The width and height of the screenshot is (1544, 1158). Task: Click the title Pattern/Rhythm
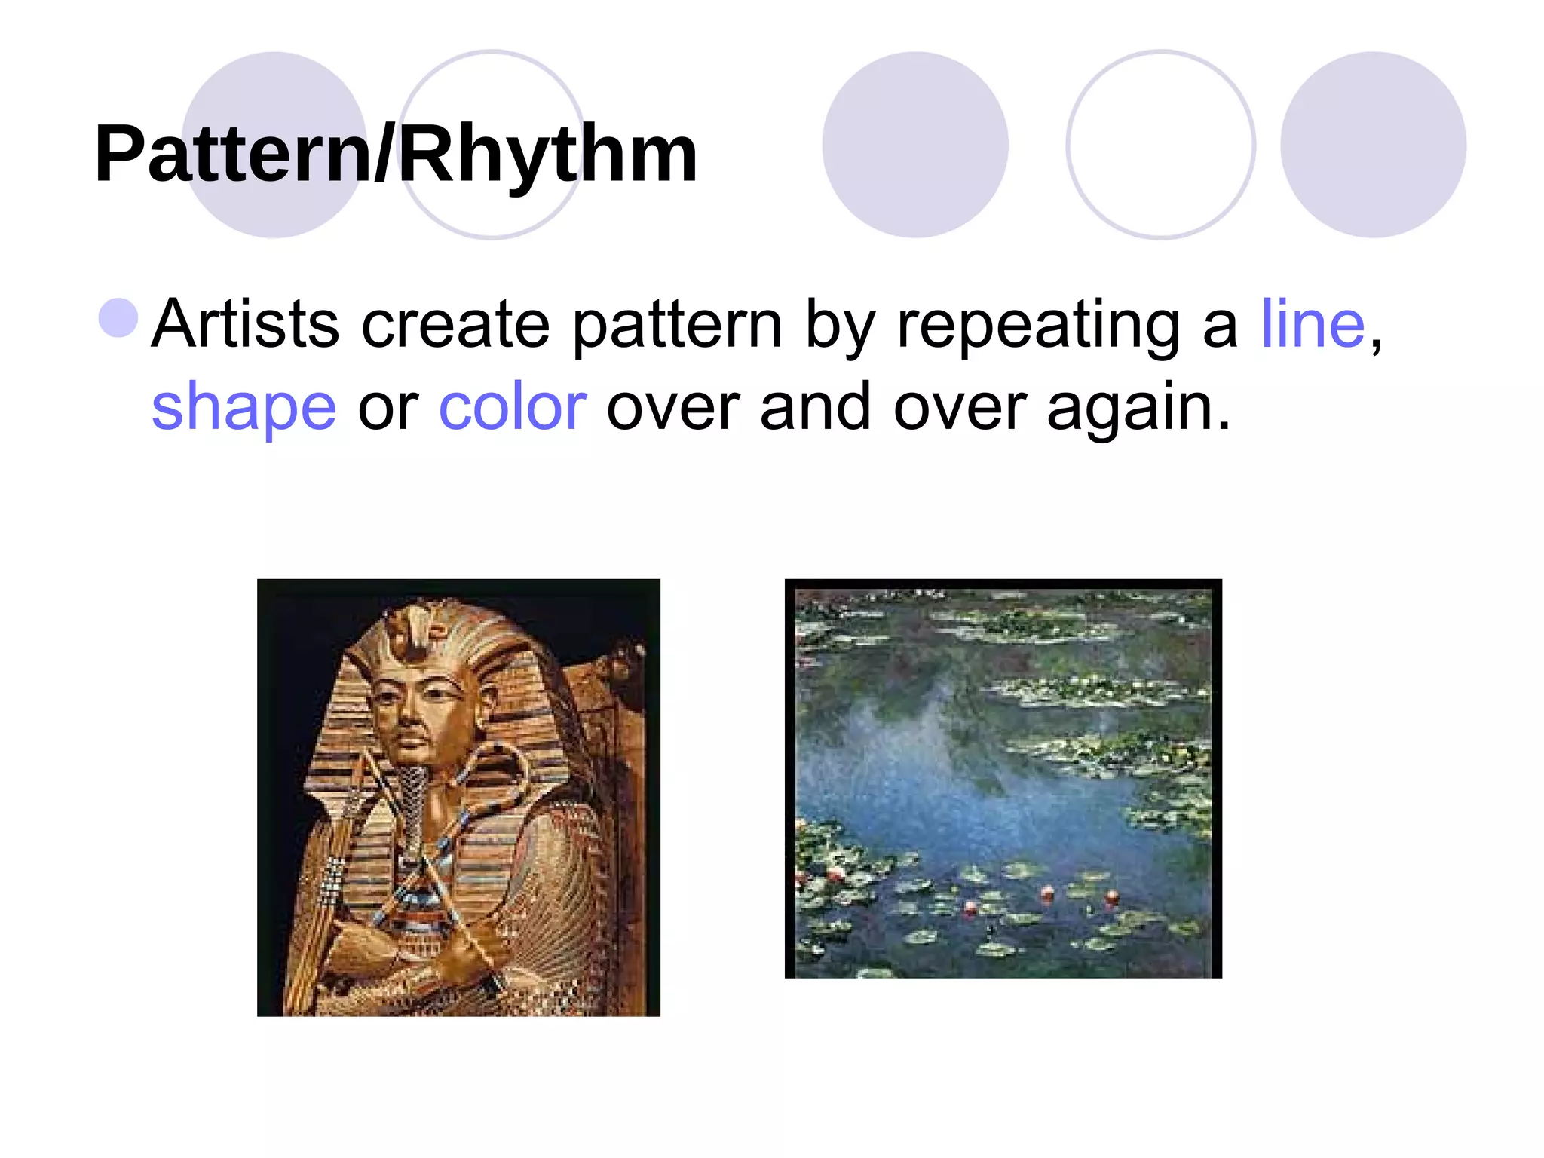(396, 155)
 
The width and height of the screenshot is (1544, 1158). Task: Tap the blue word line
(1313, 324)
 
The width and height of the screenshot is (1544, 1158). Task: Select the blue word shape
(244, 407)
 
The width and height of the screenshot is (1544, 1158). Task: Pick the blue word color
(513, 407)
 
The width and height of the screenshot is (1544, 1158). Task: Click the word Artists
(245, 324)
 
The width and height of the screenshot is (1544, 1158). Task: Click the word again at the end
(1138, 407)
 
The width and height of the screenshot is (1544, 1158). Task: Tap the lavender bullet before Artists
(119, 317)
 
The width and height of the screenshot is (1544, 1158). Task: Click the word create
(455, 324)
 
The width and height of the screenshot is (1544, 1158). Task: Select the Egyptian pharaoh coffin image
(458, 797)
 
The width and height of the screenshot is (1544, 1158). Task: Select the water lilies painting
(1003, 778)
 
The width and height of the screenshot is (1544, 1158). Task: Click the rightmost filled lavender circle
(1373, 145)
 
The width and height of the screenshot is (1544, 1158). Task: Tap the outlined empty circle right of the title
(1160, 145)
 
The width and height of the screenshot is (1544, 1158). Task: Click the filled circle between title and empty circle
(914, 145)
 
